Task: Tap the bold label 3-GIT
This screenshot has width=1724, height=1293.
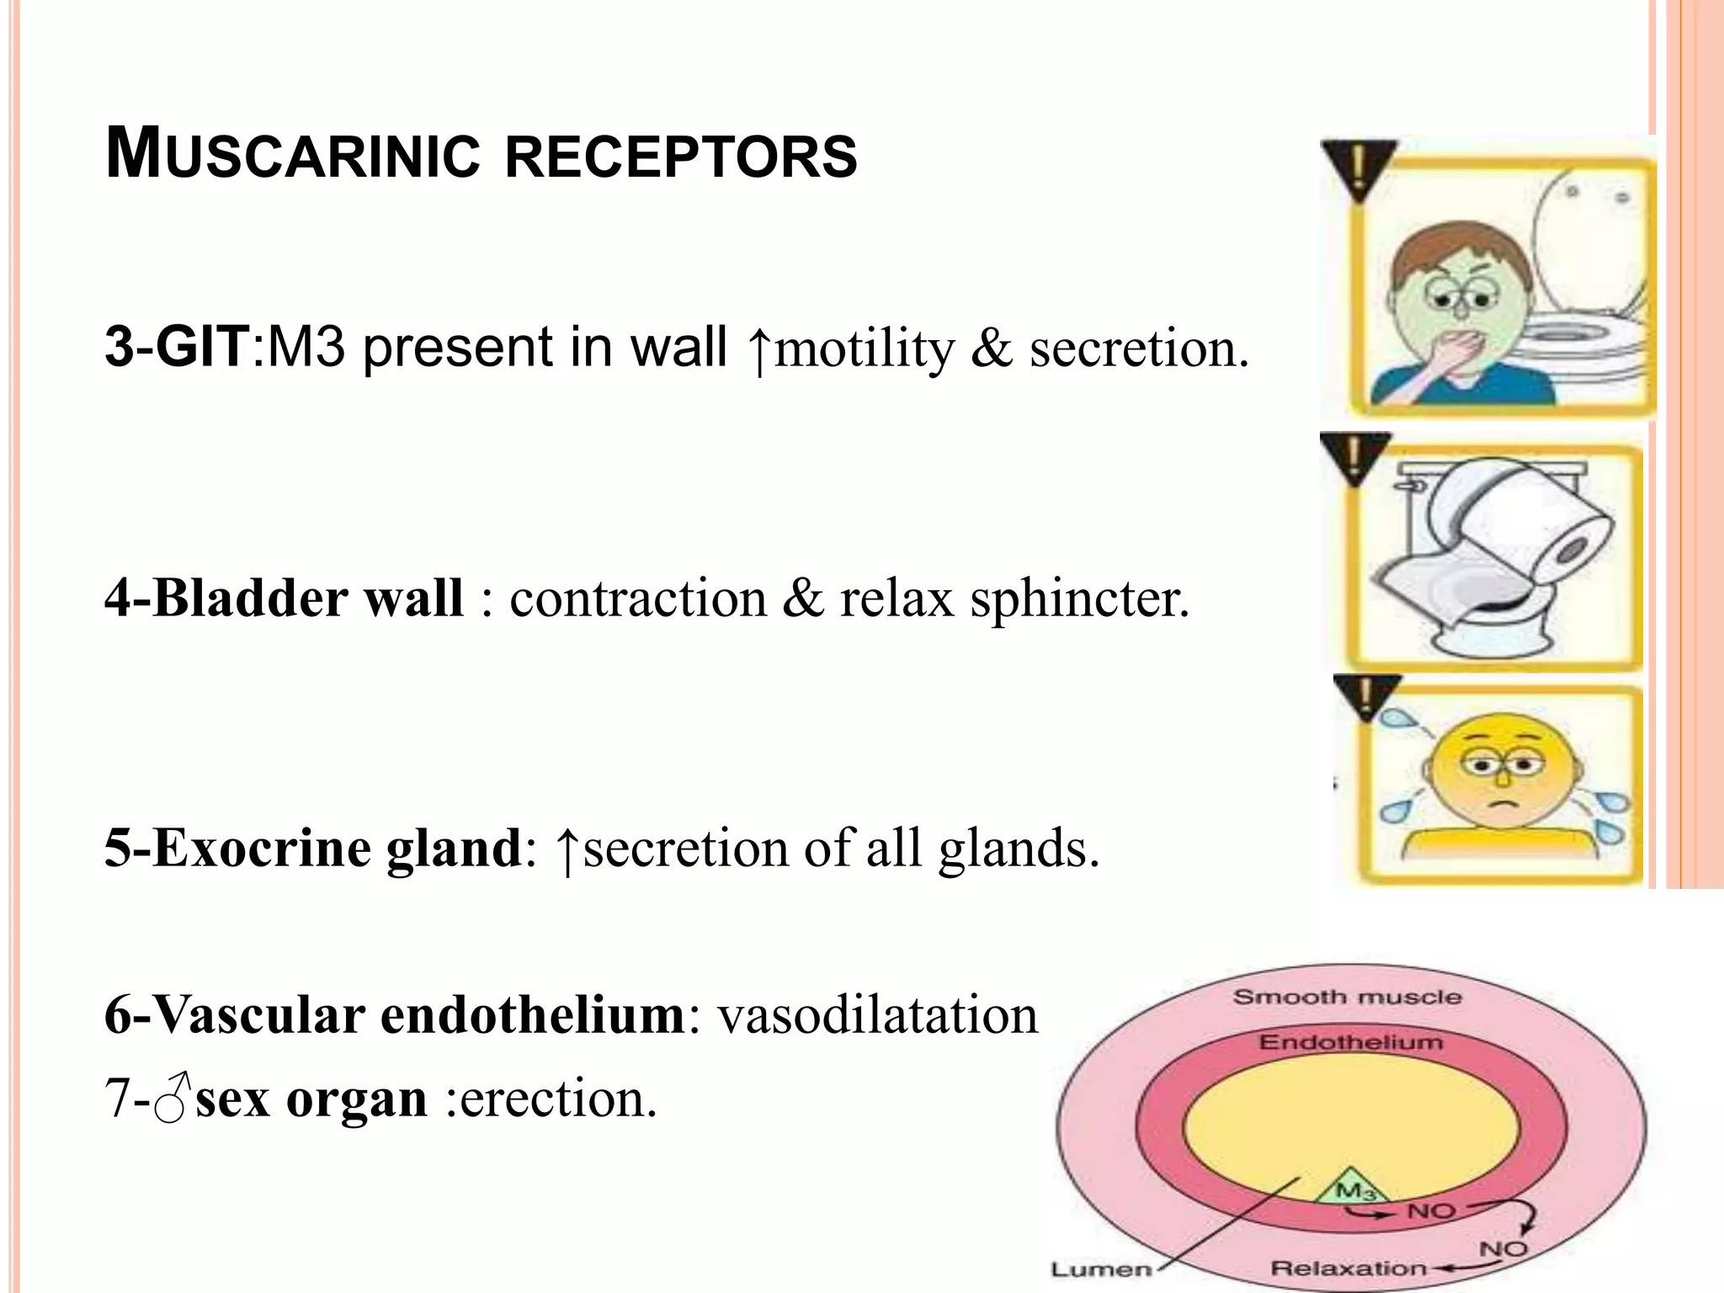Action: (176, 346)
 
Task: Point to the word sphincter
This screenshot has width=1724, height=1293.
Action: (1079, 599)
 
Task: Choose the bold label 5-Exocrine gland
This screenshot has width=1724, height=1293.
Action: (312, 848)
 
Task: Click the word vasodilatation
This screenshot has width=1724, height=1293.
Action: (877, 1015)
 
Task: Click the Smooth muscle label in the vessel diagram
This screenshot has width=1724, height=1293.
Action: (1347, 998)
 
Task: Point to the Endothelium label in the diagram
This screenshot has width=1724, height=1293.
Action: (1350, 1042)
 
